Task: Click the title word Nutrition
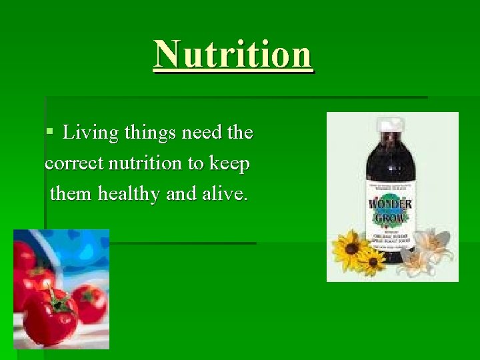point(233,54)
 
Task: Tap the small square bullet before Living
point(49,133)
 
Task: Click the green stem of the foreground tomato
point(59,301)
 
